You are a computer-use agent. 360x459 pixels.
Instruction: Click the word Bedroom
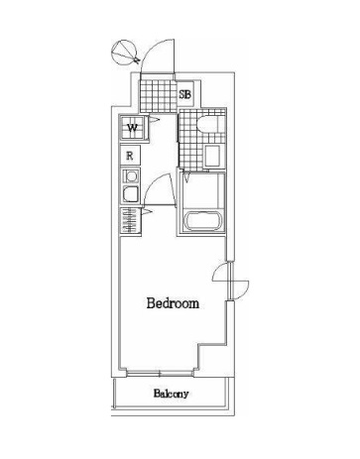(x=173, y=303)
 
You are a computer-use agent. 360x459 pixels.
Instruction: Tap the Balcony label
(x=172, y=394)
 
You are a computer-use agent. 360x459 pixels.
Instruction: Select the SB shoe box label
(x=184, y=95)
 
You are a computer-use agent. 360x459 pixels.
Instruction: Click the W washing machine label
(x=132, y=128)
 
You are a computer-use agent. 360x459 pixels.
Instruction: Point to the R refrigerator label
(x=130, y=156)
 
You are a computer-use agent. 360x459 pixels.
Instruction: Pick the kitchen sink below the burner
(x=130, y=196)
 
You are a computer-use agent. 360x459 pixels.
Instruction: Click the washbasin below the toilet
(x=212, y=155)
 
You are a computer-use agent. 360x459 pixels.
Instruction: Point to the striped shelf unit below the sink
(x=129, y=220)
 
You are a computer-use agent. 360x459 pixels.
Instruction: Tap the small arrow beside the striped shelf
(x=146, y=210)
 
